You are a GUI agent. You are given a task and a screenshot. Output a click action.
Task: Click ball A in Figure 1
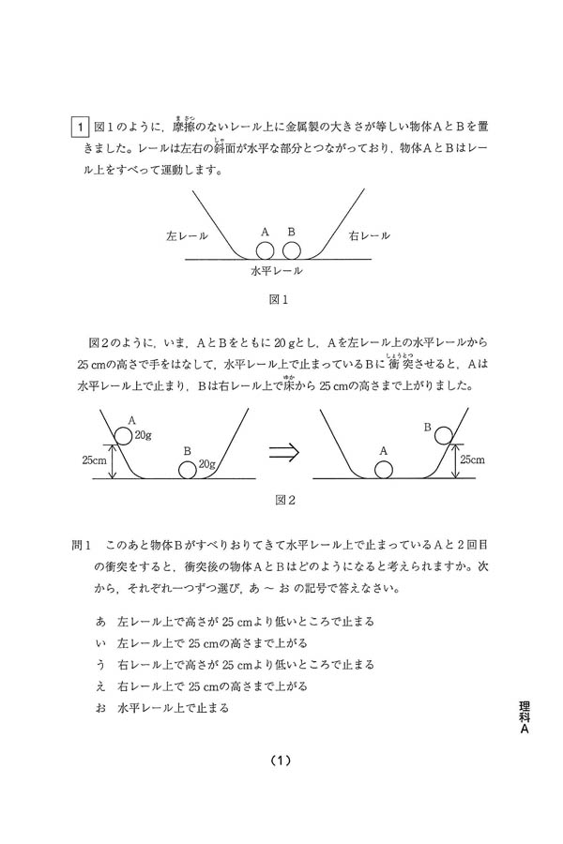point(266,250)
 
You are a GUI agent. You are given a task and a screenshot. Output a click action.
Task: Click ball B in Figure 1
point(292,250)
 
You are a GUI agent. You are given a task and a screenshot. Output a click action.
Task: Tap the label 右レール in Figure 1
point(369,236)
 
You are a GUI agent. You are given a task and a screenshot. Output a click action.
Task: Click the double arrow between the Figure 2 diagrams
point(284,451)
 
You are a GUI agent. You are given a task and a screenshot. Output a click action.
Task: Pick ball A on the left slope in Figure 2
point(122,436)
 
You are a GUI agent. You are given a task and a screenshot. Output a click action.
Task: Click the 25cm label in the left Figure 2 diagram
point(93,461)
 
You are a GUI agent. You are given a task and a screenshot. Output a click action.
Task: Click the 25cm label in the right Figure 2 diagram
point(472,461)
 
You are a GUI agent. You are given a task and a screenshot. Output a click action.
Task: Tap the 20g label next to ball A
point(144,435)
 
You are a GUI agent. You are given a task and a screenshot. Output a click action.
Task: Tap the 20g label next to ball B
point(207,464)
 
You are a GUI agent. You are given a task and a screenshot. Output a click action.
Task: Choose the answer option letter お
point(100,709)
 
